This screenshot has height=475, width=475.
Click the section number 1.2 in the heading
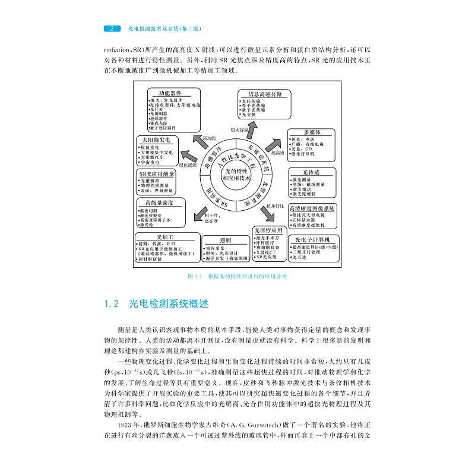(x=112, y=303)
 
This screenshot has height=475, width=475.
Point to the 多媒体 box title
(x=312, y=132)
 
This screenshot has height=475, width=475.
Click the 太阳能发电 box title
(x=157, y=139)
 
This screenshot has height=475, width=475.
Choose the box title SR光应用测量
(x=157, y=174)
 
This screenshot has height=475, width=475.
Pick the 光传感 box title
(x=311, y=172)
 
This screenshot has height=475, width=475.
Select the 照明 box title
(x=225, y=240)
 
